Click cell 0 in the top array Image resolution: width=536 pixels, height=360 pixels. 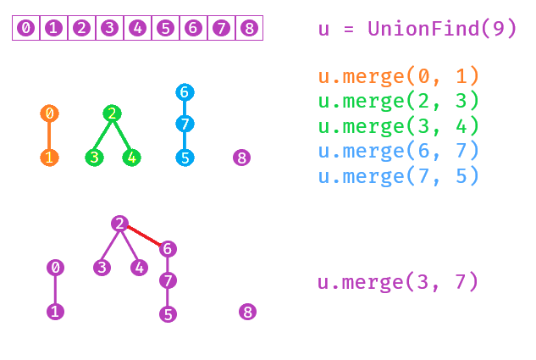pos(26,28)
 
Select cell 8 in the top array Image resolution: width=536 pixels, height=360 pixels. pos(249,28)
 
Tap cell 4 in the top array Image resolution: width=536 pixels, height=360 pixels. pos(137,28)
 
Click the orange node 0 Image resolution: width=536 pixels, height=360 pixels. pos(49,114)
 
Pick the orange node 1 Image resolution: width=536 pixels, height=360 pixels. pos(49,158)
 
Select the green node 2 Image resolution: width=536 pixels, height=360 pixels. pos(112,114)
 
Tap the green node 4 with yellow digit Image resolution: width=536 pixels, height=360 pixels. pos(131,158)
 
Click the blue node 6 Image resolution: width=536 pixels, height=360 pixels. pos(185,91)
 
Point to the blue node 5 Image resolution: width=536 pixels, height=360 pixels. pos(185,158)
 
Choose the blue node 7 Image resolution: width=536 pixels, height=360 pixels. pos(185,125)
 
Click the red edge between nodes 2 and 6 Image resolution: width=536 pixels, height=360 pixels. pos(144,236)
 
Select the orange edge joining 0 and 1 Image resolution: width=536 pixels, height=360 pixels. pos(49,136)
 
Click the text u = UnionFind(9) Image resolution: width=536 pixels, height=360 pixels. pos(417,29)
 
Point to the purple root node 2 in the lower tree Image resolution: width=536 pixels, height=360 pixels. pos(119,224)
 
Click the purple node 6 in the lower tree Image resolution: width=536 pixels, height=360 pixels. pos(168,249)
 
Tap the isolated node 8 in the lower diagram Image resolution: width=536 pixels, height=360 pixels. pos(247,312)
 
